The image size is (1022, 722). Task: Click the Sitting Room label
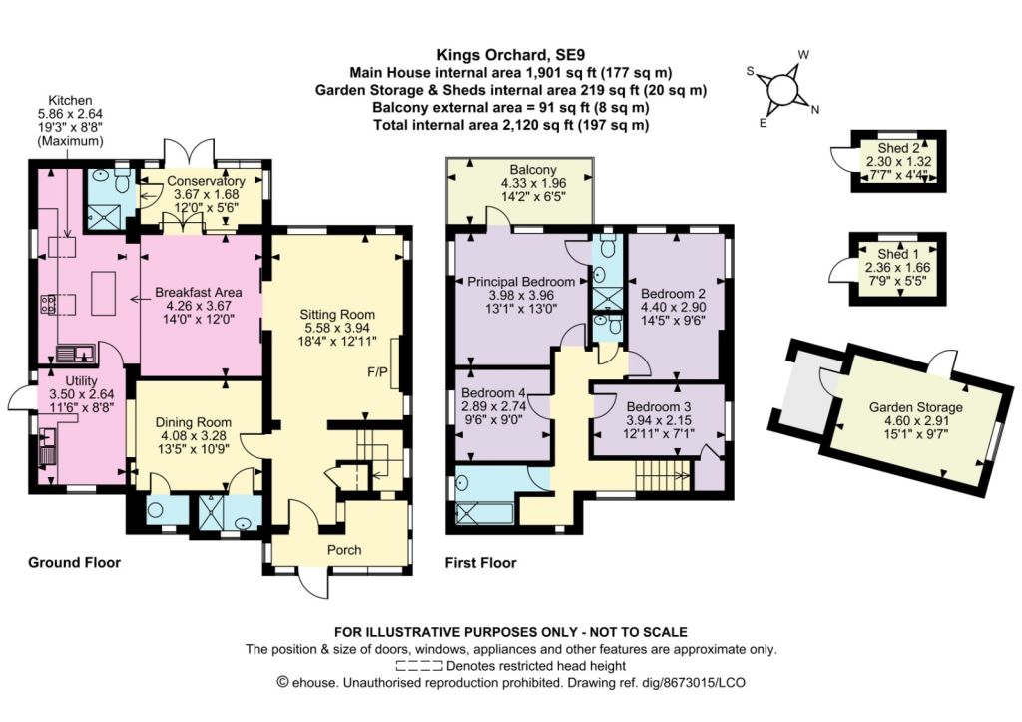click(x=337, y=315)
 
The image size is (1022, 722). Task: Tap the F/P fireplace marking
click(x=377, y=371)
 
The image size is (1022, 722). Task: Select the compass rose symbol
click(x=782, y=88)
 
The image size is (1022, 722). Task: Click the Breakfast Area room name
click(x=199, y=293)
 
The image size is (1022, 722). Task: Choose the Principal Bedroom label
click(x=521, y=282)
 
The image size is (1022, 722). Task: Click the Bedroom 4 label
click(x=493, y=393)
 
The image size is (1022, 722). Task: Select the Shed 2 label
click(x=898, y=148)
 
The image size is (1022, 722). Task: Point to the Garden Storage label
click(x=916, y=407)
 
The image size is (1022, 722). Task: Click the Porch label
click(x=344, y=550)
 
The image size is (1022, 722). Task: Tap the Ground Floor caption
click(x=74, y=563)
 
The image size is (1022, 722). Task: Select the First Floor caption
click(x=480, y=563)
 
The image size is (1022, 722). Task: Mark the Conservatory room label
click(x=206, y=181)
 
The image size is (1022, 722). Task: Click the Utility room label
click(x=82, y=380)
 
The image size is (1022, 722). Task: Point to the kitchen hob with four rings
click(x=48, y=304)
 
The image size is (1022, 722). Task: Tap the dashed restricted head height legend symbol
click(x=419, y=666)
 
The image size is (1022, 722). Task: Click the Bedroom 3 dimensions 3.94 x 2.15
click(x=659, y=420)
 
